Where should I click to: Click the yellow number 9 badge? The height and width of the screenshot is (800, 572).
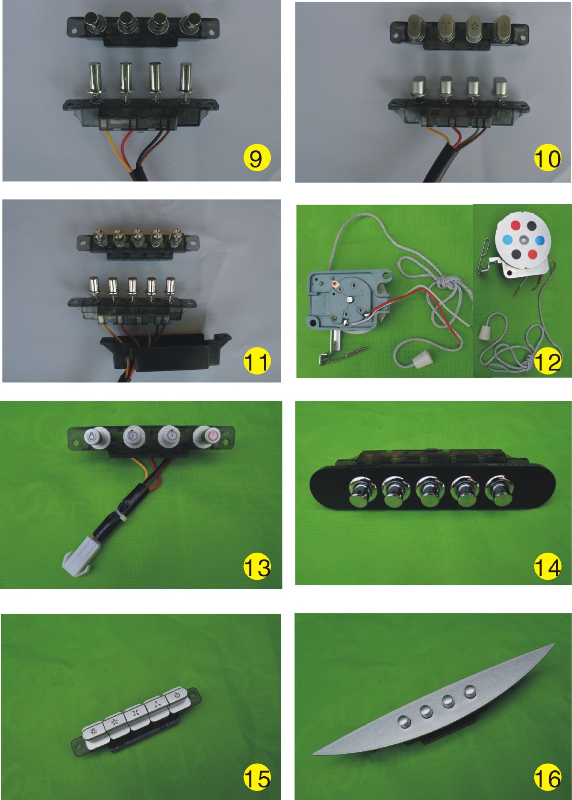[x=257, y=158]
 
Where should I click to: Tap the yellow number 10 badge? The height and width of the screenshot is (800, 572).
[x=547, y=158]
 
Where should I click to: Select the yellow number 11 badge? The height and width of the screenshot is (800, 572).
[x=257, y=361]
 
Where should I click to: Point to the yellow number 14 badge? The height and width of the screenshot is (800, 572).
[x=547, y=567]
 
